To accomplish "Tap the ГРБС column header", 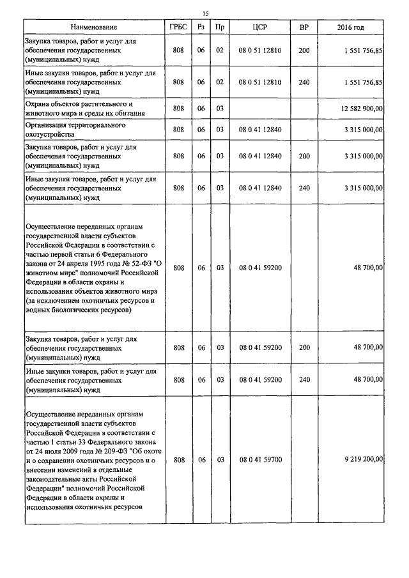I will [x=178, y=27].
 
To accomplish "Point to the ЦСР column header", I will [x=260, y=27].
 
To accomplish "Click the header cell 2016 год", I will [x=350, y=27].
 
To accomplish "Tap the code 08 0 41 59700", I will [x=260, y=459].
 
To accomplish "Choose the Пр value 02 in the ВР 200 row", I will [x=219, y=50].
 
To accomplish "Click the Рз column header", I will [x=201, y=27].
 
